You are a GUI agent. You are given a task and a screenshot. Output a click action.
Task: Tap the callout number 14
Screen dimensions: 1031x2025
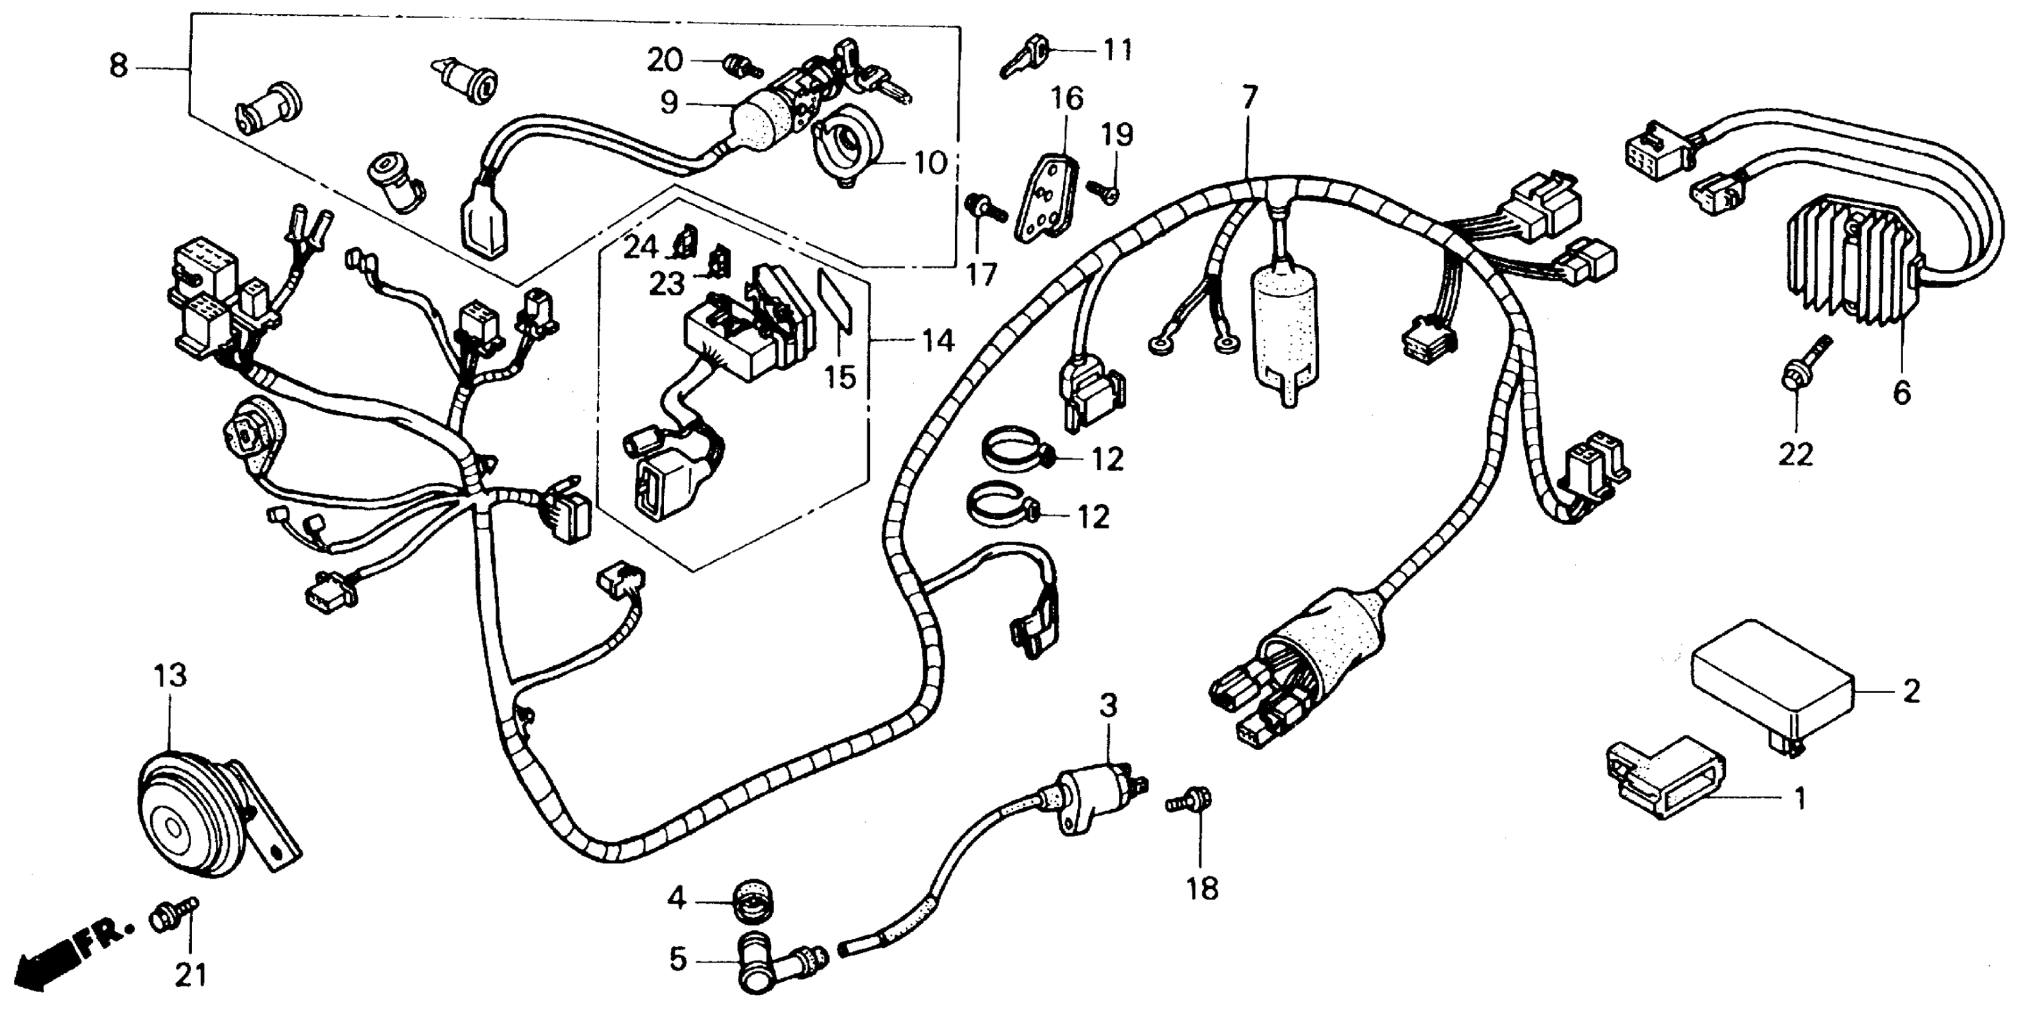tap(938, 341)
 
